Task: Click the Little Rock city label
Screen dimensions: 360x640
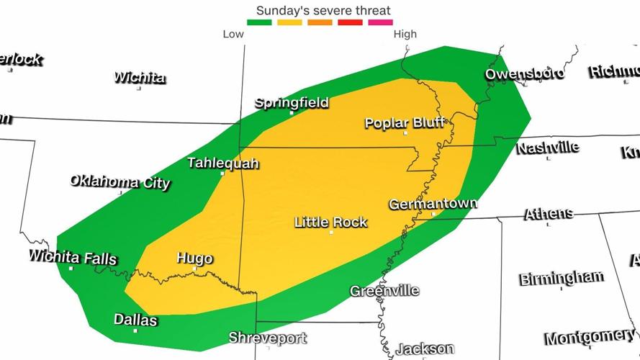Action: point(331,222)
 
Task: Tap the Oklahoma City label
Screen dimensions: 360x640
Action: point(120,181)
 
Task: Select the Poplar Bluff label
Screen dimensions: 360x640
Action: point(406,123)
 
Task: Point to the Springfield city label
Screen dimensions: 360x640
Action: point(292,103)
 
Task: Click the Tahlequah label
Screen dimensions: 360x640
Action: point(222,163)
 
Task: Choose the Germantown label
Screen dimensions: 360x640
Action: point(433,204)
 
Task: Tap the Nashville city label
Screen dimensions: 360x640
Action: point(547,148)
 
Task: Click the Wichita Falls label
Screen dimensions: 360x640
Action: point(72,257)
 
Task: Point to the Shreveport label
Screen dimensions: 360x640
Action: point(268,338)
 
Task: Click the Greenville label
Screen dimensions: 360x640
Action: point(384,291)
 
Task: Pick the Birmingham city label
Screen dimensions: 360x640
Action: point(562,278)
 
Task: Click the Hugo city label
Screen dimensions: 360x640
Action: point(194,258)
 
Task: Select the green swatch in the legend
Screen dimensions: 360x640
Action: point(259,22)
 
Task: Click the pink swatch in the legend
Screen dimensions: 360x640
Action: point(380,22)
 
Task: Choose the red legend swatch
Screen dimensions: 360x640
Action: point(350,22)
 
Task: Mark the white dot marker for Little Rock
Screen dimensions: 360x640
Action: point(331,232)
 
